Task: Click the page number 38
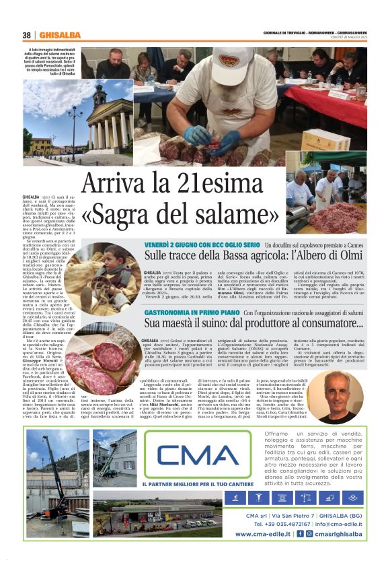click(x=27, y=35)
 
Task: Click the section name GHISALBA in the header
click(x=60, y=35)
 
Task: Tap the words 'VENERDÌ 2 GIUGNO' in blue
click(x=174, y=244)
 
